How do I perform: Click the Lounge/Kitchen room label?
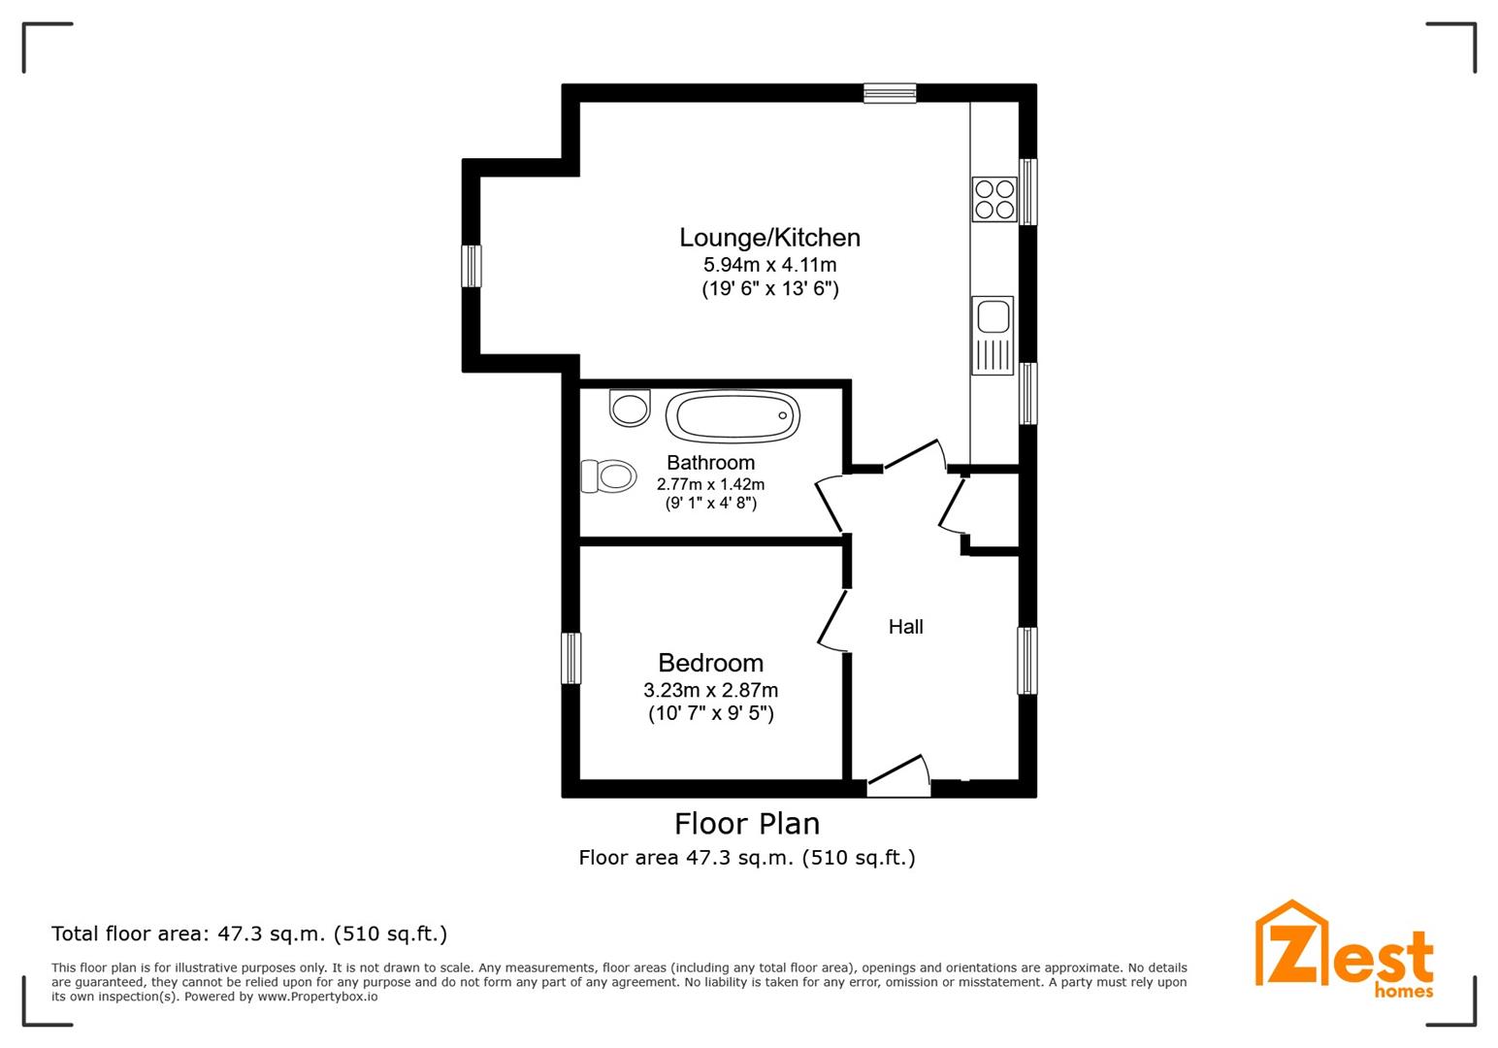coord(769,238)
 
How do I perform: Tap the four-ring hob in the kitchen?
coord(994,199)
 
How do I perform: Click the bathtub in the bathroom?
coord(733,416)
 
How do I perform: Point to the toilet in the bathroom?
coord(608,476)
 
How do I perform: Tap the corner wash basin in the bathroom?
coord(630,408)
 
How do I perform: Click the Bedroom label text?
coord(711,663)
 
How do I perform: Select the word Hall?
coord(906,627)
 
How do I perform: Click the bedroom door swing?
coord(830,620)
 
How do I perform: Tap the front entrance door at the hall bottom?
coord(898,775)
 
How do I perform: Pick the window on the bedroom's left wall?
coord(570,658)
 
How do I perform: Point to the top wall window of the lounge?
coord(890,93)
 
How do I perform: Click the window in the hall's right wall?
coord(1027,660)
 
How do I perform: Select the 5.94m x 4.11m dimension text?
coord(769,265)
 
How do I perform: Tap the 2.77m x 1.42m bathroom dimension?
coord(710,484)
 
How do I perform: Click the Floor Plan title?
coord(747,824)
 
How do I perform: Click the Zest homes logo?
coord(1344,950)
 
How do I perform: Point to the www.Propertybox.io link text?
coord(317,997)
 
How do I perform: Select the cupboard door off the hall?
coord(951,505)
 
